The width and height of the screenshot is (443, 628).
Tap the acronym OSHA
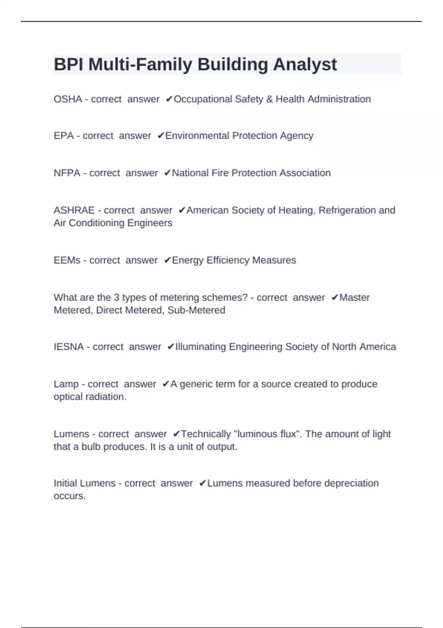pyautogui.click(x=68, y=99)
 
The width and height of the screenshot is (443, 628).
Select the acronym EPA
pyautogui.click(x=63, y=136)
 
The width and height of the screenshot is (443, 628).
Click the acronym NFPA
pyautogui.click(x=67, y=173)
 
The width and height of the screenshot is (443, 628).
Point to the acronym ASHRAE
pyautogui.click(x=74, y=211)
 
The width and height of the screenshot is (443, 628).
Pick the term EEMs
pyautogui.click(x=67, y=260)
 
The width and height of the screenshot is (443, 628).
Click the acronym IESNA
pyautogui.click(x=69, y=347)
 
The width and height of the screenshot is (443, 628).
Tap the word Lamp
pyautogui.click(x=66, y=384)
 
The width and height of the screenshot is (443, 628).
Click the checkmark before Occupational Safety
pyautogui.click(x=169, y=99)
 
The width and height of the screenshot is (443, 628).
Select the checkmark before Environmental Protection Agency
pyautogui.click(x=161, y=136)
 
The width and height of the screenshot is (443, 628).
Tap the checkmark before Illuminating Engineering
pyautogui.click(x=171, y=347)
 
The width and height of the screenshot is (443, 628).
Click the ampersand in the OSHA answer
pyautogui.click(x=269, y=99)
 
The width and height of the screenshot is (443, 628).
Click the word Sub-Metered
pyautogui.click(x=196, y=310)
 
